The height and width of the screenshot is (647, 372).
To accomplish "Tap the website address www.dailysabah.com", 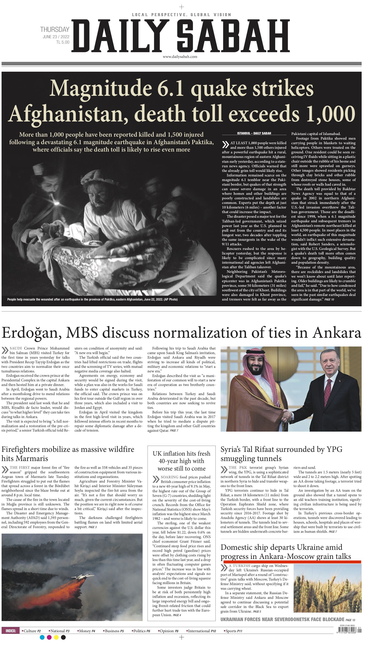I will click(x=180, y=57).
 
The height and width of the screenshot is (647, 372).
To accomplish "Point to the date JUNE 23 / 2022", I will click(x=56, y=37).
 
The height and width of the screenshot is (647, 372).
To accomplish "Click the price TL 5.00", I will click(x=63, y=42).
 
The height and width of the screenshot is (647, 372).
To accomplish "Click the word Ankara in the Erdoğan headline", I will click(x=337, y=333).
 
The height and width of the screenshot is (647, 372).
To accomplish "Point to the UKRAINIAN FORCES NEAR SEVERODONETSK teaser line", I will click(x=282, y=620).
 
